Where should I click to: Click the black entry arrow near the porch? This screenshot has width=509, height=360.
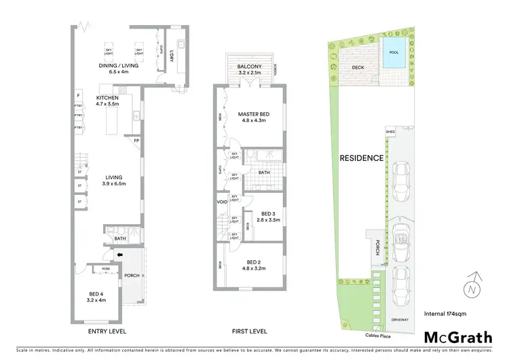pyautogui.click(x=119, y=255)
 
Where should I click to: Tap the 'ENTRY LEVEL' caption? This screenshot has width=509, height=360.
pyautogui.click(x=107, y=331)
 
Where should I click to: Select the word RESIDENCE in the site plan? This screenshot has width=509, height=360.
pyautogui.click(x=362, y=158)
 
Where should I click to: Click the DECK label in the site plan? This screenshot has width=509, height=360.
pyautogui.click(x=359, y=67)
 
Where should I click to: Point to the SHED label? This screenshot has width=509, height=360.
pyautogui.click(x=390, y=132)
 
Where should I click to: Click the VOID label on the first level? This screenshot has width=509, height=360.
pyautogui.click(x=222, y=202)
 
